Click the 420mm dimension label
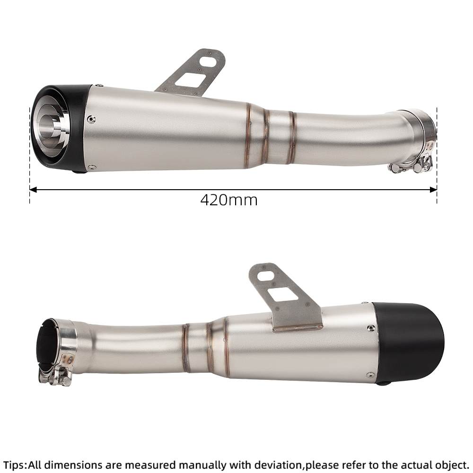[x=229, y=200]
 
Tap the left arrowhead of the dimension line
[x=33, y=190]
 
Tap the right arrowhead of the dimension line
[x=433, y=190]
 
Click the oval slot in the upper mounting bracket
[x=209, y=61]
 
